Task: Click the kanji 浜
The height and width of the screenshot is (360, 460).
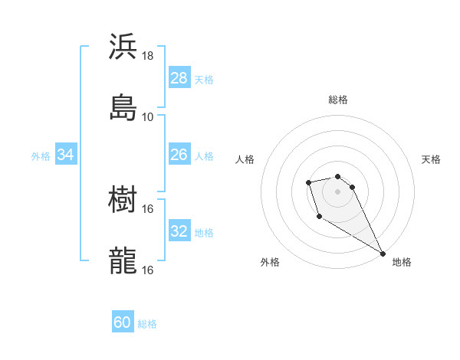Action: click(123, 47)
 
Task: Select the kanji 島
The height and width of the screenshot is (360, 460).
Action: click(123, 107)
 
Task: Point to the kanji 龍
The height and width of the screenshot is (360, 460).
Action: click(123, 260)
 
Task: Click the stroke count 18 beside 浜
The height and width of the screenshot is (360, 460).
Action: click(148, 56)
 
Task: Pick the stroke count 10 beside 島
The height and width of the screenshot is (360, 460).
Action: click(148, 117)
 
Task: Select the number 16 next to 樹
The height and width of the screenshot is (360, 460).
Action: click(148, 208)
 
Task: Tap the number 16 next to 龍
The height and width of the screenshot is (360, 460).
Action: click(148, 270)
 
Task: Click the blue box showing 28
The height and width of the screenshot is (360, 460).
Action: click(179, 77)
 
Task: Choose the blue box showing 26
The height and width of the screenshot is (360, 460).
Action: click(179, 154)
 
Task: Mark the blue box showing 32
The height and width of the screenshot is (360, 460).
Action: click(179, 231)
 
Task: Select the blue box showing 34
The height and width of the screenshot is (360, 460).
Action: click(66, 154)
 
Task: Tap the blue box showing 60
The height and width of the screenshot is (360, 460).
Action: click(123, 322)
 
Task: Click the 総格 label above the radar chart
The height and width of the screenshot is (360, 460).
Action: click(338, 100)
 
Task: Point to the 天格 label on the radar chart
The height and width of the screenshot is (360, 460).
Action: click(431, 159)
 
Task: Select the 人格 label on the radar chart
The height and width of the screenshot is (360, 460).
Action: click(245, 159)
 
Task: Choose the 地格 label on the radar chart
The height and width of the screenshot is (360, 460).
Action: click(402, 262)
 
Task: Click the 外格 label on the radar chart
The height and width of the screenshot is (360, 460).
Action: click(270, 262)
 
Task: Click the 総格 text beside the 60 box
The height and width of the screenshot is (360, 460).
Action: click(147, 324)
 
